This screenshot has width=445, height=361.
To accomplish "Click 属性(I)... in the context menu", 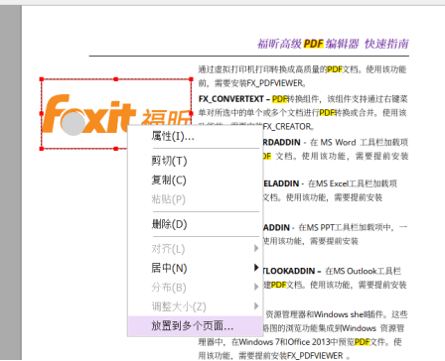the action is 173,135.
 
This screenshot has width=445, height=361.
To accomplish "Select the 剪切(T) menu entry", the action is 169,161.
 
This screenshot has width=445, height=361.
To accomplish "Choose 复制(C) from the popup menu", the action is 169,180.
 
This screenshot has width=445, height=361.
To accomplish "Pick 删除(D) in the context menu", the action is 169,224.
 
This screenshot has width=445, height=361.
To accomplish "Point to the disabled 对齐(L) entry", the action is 169,249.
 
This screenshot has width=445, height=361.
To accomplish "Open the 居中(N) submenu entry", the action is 169,268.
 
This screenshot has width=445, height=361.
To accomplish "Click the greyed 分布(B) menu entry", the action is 169,287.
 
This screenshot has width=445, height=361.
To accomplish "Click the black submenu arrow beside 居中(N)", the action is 256,268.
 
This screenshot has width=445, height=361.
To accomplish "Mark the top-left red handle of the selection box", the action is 42,78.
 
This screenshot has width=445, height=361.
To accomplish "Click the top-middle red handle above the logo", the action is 117,78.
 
